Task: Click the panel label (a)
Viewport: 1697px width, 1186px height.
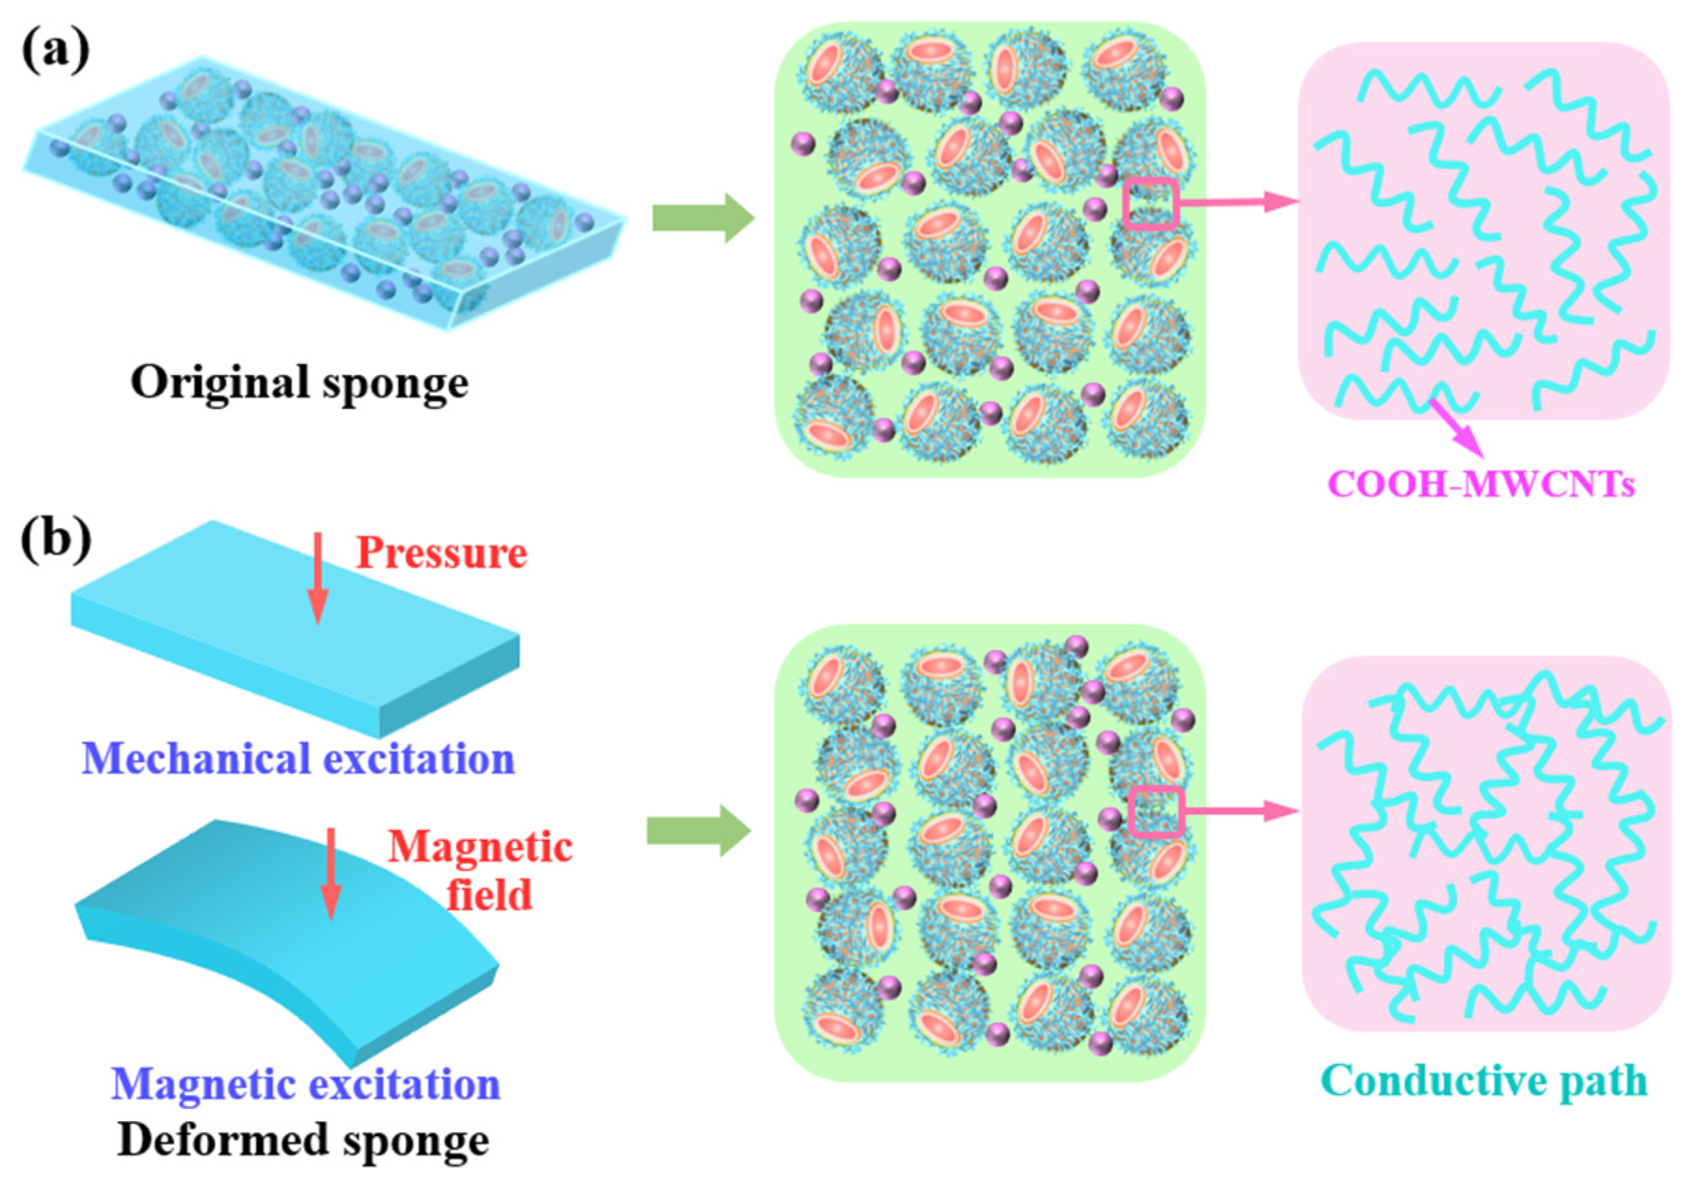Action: pos(56,53)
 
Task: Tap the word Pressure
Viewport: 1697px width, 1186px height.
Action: pos(441,553)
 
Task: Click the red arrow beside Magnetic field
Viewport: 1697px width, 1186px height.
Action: pos(331,873)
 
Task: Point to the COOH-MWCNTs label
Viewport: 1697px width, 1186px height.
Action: pos(1481,485)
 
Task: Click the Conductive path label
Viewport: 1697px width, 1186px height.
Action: pos(1485,1081)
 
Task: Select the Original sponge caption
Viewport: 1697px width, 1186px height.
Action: pos(299,384)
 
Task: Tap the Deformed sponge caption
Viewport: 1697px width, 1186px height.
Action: pos(303,1140)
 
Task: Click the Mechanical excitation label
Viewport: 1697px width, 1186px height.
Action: pos(298,758)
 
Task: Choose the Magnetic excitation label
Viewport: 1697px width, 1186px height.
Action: pos(305,1084)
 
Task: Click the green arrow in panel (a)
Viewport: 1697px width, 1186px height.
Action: pos(703,218)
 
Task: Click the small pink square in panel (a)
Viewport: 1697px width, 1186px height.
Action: pos(1151,203)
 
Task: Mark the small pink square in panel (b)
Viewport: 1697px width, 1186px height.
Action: pos(1158,812)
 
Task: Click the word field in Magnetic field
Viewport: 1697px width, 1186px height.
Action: pos(489,896)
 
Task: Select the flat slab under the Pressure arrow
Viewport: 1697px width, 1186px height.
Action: pos(296,629)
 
